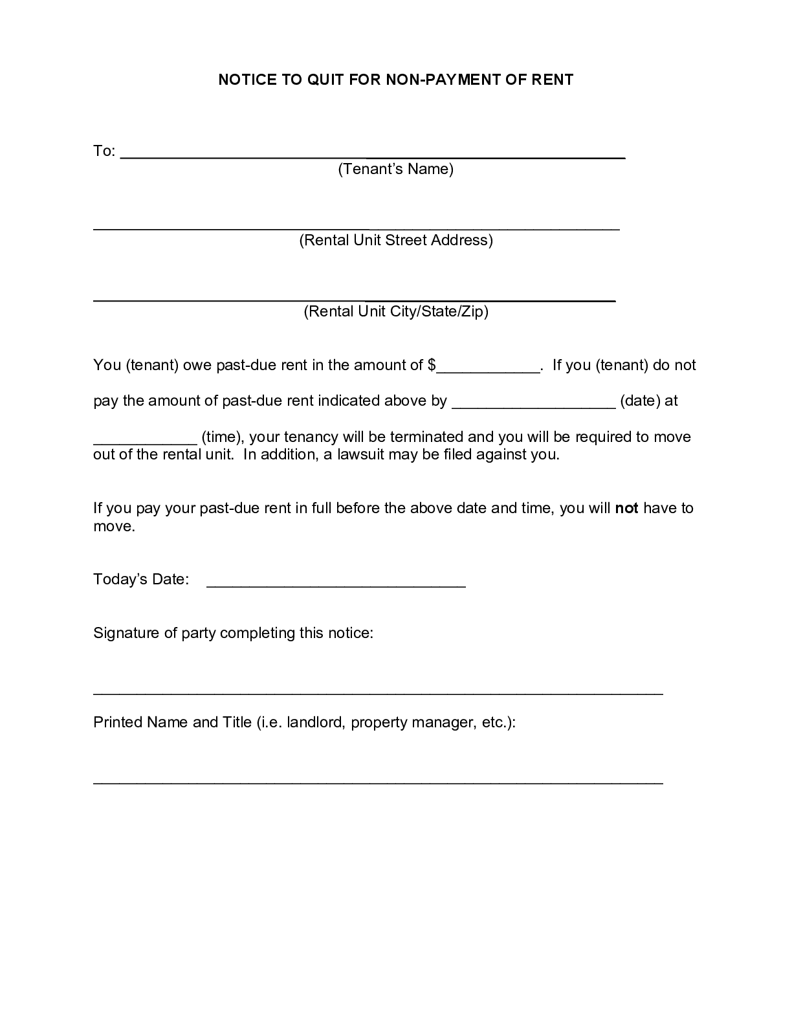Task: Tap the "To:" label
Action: (104, 151)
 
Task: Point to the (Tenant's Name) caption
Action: (395, 169)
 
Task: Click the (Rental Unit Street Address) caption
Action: (395, 240)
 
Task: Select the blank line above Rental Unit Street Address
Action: (357, 228)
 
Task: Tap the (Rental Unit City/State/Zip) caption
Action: (395, 311)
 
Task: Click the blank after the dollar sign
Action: (489, 369)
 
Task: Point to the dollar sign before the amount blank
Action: (432, 365)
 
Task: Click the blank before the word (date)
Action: (533, 406)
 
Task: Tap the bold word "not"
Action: (626, 508)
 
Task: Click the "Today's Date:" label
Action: (141, 579)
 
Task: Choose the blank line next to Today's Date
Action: (336, 585)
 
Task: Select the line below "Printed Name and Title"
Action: (378, 783)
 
